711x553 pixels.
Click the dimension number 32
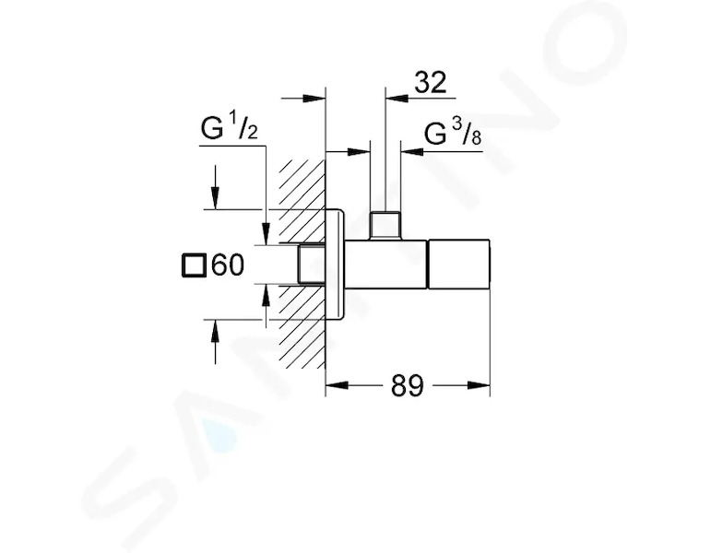(430, 83)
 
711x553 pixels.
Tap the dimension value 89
(407, 386)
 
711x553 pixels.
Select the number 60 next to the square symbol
(228, 265)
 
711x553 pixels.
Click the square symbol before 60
(194, 265)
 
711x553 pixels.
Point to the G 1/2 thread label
(230, 128)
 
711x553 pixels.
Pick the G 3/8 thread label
(453, 134)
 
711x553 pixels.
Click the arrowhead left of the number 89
(337, 385)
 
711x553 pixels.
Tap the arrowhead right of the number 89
(479, 385)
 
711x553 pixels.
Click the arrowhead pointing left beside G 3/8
(411, 151)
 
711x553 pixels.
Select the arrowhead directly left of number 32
(396, 97)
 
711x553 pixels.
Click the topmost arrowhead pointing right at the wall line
(314, 98)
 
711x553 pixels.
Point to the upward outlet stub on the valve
(385, 225)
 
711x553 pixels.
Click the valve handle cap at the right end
(459, 264)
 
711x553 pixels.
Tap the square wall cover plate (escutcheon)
(336, 265)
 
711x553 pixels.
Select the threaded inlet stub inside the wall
(312, 265)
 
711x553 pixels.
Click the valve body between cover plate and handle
(386, 264)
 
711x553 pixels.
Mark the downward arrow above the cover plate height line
(216, 187)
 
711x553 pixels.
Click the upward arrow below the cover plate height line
(216, 342)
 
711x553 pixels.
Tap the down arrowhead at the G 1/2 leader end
(267, 233)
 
